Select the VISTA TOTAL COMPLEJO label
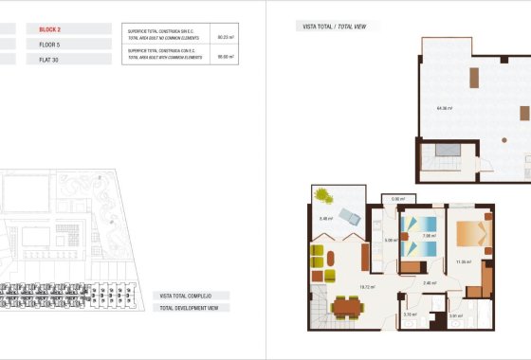[x=193, y=297]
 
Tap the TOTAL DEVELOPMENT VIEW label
[x=192, y=309]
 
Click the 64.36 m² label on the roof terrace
[x=443, y=108]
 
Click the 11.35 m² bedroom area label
[x=464, y=261]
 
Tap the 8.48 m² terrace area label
[x=324, y=219]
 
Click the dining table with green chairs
[x=347, y=306]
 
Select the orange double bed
[x=471, y=234]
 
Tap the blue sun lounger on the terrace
[x=350, y=217]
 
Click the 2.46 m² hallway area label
[x=429, y=282]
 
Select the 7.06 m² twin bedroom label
[x=429, y=235]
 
